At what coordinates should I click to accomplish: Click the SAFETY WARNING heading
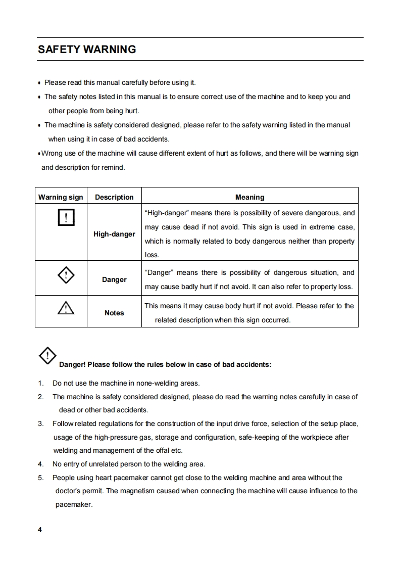(x=87, y=50)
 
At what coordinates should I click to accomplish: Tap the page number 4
(x=40, y=530)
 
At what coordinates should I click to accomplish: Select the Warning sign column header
(x=61, y=197)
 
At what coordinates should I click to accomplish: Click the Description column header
(x=114, y=197)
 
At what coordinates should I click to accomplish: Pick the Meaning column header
(x=249, y=197)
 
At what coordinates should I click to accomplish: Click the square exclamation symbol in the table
(x=66, y=217)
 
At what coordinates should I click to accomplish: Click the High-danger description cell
(x=114, y=234)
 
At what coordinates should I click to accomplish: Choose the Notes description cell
(x=114, y=313)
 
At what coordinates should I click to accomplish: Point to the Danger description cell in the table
(x=114, y=279)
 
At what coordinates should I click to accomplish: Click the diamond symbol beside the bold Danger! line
(x=47, y=356)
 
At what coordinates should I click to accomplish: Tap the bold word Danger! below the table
(x=73, y=365)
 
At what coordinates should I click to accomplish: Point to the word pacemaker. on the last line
(x=74, y=504)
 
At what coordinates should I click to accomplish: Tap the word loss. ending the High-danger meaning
(x=152, y=255)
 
